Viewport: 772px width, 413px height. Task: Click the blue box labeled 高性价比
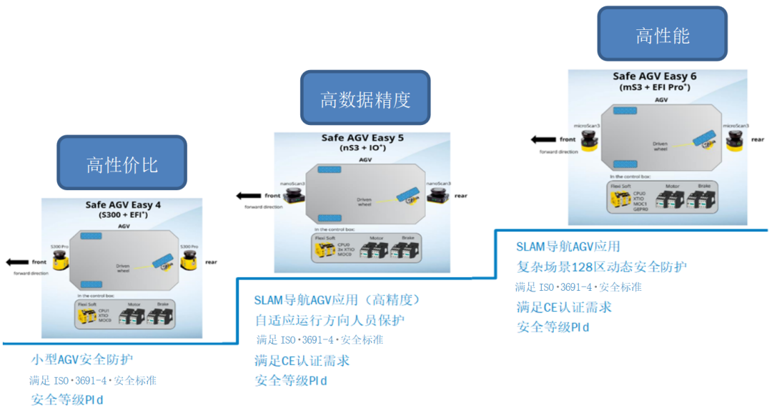click(x=122, y=164)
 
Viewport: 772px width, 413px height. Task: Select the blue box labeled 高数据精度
click(x=365, y=99)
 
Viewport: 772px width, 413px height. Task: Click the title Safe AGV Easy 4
click(x=123, y=205)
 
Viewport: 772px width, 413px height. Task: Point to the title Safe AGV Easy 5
click(x=362, y=138)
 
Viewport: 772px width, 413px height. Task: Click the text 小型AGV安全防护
click(x=81, y=359)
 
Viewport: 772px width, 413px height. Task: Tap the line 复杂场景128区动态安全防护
click(x=601, y=267)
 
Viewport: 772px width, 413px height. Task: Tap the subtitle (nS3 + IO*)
click(x=362, y=149)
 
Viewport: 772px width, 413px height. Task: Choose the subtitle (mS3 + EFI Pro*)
click(x=655, y=87)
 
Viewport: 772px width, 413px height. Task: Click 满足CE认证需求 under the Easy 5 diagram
click(x=302, y=360)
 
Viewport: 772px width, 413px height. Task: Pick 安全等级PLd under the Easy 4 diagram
click(x=66, y=399)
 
